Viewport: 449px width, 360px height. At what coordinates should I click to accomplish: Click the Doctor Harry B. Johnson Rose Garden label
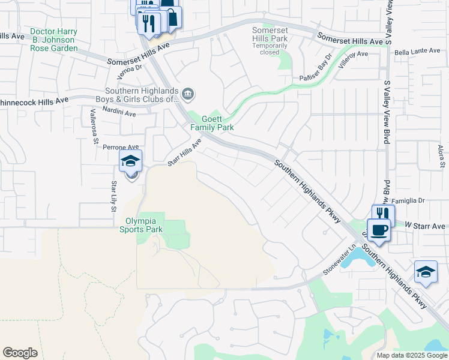tap(54, 40)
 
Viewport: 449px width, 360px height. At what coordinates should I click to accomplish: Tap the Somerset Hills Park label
tap(270, 34)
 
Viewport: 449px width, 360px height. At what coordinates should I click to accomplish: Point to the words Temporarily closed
tap(270, 49)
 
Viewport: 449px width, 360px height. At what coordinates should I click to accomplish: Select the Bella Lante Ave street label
tap(414, 53)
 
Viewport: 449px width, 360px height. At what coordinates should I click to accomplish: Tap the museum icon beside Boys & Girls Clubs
tap(187, 94)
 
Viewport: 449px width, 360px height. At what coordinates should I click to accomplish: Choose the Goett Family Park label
tap(212, 123)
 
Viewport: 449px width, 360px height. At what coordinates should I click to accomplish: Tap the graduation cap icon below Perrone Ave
tap(130, 161)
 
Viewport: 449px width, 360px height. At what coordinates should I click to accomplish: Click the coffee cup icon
tap(379, 230)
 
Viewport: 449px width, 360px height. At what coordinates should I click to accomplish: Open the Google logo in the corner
tap(20, 353)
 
